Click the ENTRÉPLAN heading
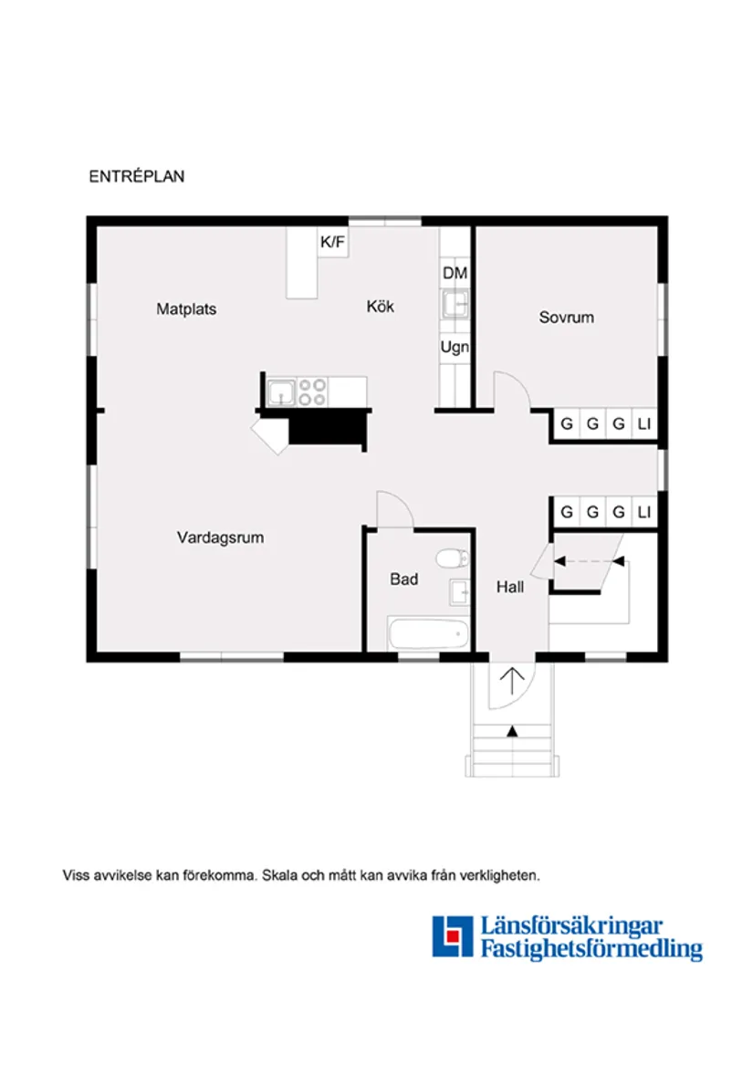pyautogui.click(x=137, y=177)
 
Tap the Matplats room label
pyautogui.click(x=186, y=309)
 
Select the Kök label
pyautogui.click(x=380, y=308)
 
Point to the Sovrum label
pyautogui.click(x=566, y=318)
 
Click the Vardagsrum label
pyautogui.click(x=220, y=538)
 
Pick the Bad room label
pyautogui.click(x=403, y=579)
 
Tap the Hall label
pyautogui.click(x=510, y=588)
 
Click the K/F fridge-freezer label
pyautogui.click(x=332, y=243)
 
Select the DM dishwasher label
pyautogui.click(x=455, y=274)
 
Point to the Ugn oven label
pyautogui.click(x=455, y=348)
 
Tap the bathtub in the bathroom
pyautogui.click(x=429, y=633)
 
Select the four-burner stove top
pyautogui.click(x=312, y=392)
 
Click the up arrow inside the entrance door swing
pyautogui.click(x=513, y=681)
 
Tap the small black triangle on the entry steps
pyautogui.click(x=512, y=731)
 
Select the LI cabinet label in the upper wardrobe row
pyautogui.click(x=644, y=424)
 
